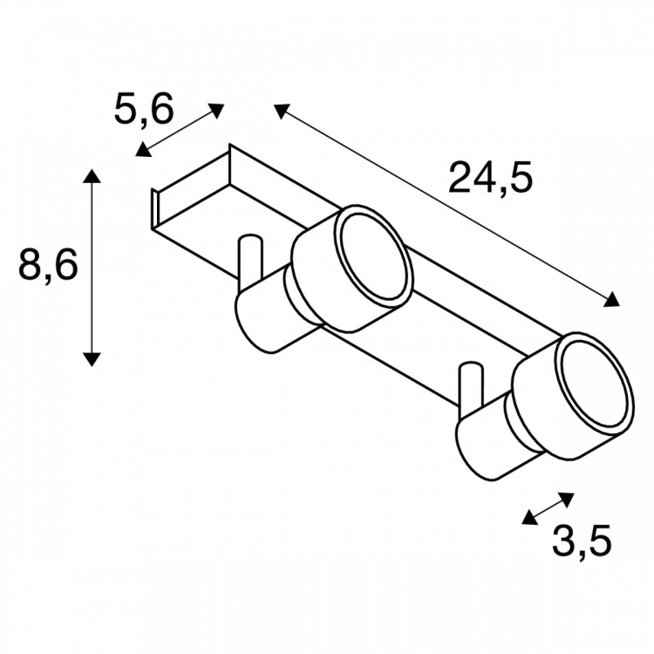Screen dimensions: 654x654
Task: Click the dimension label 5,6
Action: click(144, 111)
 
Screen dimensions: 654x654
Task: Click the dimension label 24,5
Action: click(490, 178)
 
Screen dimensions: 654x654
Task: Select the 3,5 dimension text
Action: click(582, 541)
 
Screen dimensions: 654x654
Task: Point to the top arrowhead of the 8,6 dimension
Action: click(92, 176)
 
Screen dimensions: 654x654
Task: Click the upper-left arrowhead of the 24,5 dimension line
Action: click(281, 111)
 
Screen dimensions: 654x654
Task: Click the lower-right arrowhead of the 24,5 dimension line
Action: click(611, 300)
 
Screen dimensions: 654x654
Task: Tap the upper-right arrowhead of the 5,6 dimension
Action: click(216, 111)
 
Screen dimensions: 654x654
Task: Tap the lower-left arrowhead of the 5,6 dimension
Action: click(143, 150)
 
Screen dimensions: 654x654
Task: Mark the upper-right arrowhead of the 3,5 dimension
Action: click(568, 499)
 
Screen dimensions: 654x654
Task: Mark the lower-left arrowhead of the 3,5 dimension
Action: click(529, 517)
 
